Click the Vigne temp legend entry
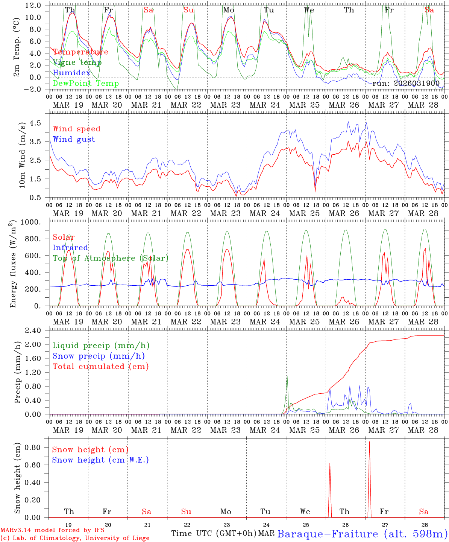click(77, 62)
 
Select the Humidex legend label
click(71, 73)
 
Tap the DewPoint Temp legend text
click(86, 84)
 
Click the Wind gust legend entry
click(74, 139)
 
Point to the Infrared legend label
click(70, 248)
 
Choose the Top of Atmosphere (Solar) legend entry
click(110, 258)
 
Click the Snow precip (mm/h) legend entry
click(99, 356)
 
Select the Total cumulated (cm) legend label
click(100, 367)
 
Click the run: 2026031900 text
click(406, 84)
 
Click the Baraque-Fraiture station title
click(362, 534)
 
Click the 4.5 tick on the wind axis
click(36, 123)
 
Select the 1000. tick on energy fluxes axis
click(31, 222)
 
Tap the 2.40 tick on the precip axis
click(33, 330)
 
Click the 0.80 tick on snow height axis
click(33, 448)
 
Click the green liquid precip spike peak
click(287, 376)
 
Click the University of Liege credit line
click(75, 538)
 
